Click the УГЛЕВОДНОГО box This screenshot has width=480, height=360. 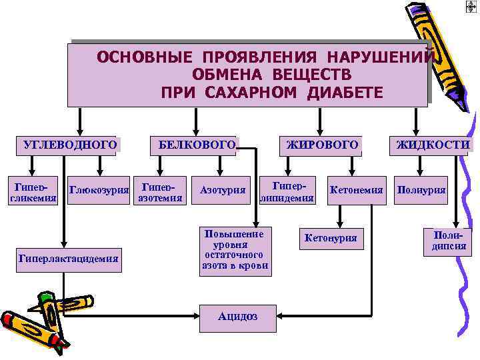(x=69, y=145)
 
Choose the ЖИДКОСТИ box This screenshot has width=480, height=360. (x=433, y=145)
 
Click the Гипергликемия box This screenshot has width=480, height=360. (x=31, y=191)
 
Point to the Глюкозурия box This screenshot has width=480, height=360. (x=99, y=191)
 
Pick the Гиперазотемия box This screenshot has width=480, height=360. (x=159, y=191)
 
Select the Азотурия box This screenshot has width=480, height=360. (x=223, y=191)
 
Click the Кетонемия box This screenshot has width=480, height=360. (x=356, y=191)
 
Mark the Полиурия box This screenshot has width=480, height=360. (x=421, y=191)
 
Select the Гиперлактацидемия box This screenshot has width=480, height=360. (x=69, y=258)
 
